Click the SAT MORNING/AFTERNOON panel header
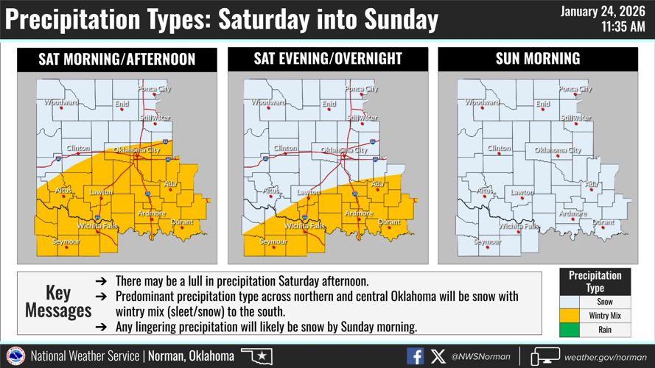pos(117,60)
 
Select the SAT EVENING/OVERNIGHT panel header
pos(327,60)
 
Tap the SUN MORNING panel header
pos(538,60)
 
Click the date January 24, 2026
pos(603,12)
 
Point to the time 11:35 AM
pos(623,28)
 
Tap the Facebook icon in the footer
pos(416,356)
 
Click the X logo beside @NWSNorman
pos(438,356)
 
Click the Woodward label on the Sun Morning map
pos(482,103)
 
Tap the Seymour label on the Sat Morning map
pos(66,241)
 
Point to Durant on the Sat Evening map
pos(389,222)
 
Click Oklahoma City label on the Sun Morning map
pos(558,150)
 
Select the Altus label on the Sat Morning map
pos(63,191)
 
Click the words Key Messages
pos(58,301)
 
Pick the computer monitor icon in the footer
pos(544,357)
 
